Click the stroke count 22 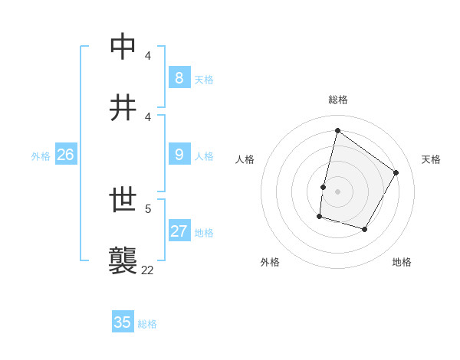click(147, 270)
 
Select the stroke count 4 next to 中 click(148, 55)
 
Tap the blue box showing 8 click(179, 78)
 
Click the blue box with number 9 click(179, 155)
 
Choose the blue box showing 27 click(179, 231)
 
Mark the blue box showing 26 click(65, 155)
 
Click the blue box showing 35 click(123, 322)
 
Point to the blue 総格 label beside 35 click(147, 324)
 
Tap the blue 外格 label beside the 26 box click(41, 156)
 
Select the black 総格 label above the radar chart click(338, 100)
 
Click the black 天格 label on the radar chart click(431, 159)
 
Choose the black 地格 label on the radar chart click(402, 263)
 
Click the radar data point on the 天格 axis click(396, 172)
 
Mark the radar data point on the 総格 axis click(337, 130)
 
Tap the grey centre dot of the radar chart click(337, 191)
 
